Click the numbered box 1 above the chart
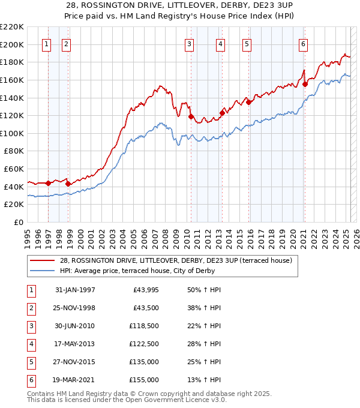pyautogui.click(x=47, y=44)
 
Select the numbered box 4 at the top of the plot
pyautogui.click(x=221, y=44)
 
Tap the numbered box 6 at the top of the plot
pyautogui.click(x=304, y=44)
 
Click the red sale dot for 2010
pyautogui.click(x=191, y=117)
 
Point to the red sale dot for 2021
pyautogui.click(x=305, y=85)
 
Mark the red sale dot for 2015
pyautogui.click(x=248, y=102)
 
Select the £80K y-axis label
pyautogui.click(x=14, y=151)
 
